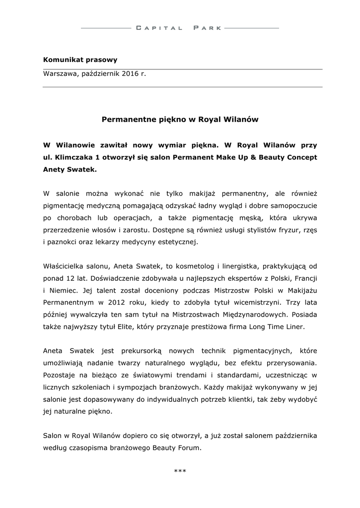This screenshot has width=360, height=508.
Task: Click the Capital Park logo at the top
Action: (x=179, y=28)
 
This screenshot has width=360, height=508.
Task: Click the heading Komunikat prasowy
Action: (x=80, y=60)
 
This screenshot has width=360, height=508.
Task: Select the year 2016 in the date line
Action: (x=131, y=74)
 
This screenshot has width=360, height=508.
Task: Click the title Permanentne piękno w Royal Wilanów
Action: (x=180, y=120)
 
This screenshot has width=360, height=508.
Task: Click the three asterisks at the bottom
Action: (x=180, y=470)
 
